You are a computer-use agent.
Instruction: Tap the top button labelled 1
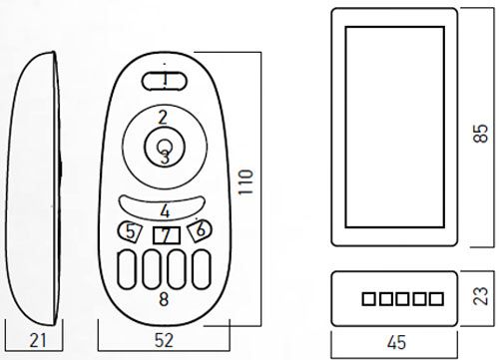click(x=164, y=79)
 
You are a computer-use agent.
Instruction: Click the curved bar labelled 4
click(x=164, y=210)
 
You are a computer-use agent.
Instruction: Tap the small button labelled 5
click(x=131, y=231)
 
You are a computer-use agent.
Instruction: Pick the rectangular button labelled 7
click(x=165, y=235)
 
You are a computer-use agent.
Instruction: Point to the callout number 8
click(x=165, y=296)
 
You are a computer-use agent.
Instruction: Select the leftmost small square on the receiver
click(x=367, y=297)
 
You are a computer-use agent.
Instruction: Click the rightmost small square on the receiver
click(x=434, y=297)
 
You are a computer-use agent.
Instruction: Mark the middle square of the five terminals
click(x=400, y=297)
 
